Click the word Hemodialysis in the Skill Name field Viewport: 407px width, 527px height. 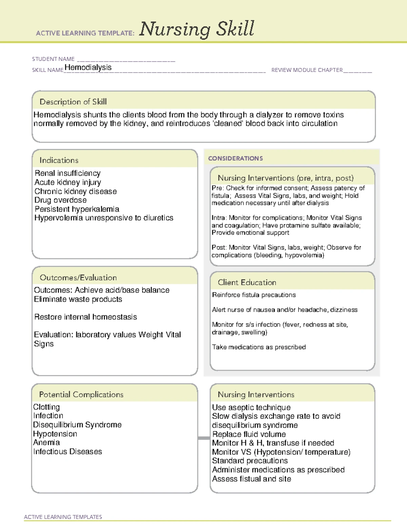pyautogui.click(x=88, y=68)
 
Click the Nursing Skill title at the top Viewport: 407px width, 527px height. pyautogui.click(x=196, y=29)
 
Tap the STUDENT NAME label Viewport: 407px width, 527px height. pyautogui.click(x=53, y=59)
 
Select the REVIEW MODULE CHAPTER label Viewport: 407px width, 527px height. pyautogui.click(x=307, y=70)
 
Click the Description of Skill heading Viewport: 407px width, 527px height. pyautogui.click(x=73, y=102)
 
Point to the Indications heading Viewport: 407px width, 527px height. pyautogui.click(x=59, y=160)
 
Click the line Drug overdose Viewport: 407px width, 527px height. pyautogui.click(x=60, y=200)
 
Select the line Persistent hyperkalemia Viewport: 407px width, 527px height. pyautogui.click(x=77, y=209)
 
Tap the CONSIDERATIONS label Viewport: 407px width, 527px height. pyautogui.click(x=235, y=158)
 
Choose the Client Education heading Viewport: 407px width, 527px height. pyautogui.click(x=247, y=282)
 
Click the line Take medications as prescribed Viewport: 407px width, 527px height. pyautogui.click(x=259, y=347)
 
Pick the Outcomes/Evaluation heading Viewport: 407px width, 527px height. pyautogui.click(x=78, y=278)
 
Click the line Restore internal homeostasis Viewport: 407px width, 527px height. pyautogui.click(x=85, y=317)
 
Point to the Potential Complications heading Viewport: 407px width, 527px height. pyautogui.click(x=81, y=394)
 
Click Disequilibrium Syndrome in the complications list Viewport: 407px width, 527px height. pyautogui.click(x=77, y=425)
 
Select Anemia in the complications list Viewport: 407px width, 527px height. pyautogui.click(x=46, y=443)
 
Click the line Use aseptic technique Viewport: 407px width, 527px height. pyautogui.click(x=251, y=408)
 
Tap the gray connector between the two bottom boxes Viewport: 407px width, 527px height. pyautogui.click(x=204, y=438)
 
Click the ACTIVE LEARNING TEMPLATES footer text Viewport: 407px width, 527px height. pyautogui.click(x=63, y=517)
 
